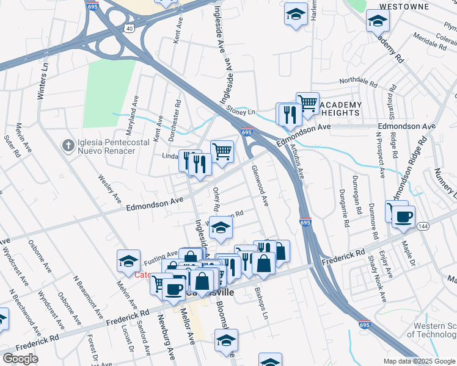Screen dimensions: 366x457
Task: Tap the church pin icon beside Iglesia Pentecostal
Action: point(68,145)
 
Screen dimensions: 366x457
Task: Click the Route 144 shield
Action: point(422,226)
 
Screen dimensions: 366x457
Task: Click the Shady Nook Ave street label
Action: point(376,282)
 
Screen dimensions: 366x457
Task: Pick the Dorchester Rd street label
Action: point(178,120)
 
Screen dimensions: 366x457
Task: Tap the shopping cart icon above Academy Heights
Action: point(308,102)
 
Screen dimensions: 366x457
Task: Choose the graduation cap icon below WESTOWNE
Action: point(378,21)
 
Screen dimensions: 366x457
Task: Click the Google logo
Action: point(20,359)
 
